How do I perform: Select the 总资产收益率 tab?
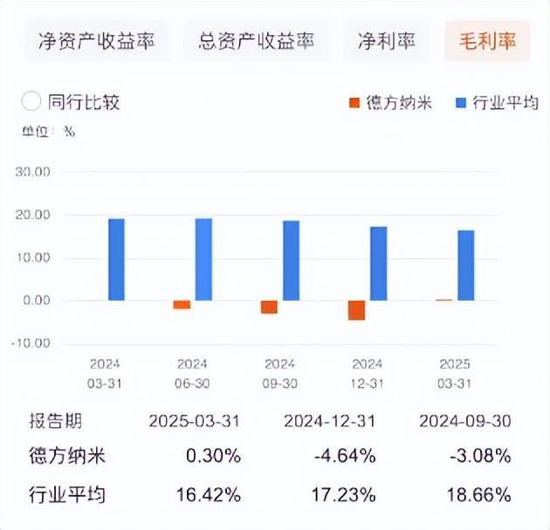(x=256, y=40)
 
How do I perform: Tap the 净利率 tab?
(x=386, y=40)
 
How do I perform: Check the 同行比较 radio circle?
(x=31, y=102)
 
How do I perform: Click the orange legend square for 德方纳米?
(x=354, y=103)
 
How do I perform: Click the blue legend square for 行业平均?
(x=462, y=103)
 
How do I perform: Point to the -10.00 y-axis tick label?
(x=32, y=343)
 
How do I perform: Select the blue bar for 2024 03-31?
(x=116, y=259)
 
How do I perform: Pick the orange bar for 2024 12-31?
(x=356, y=310)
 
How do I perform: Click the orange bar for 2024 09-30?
(x=269, y=307)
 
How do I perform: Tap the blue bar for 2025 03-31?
(x=466, y=265)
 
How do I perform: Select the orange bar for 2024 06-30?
(x=182, y=304)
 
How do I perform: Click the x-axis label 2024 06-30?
(x=192, y=373)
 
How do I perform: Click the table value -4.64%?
(x=347, y=456)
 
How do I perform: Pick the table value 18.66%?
(x=482, y=495)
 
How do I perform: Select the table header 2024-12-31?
(x=329, y=421)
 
